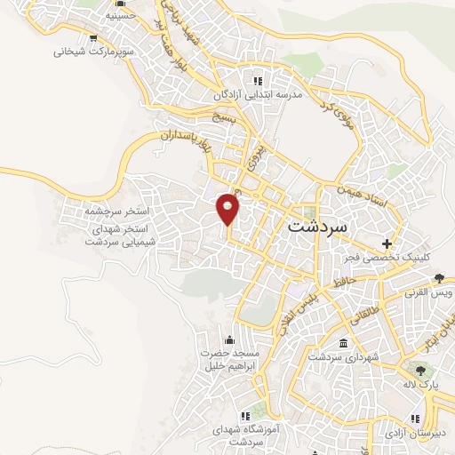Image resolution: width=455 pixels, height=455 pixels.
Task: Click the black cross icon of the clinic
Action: pyautogui.click(x=387, y=243)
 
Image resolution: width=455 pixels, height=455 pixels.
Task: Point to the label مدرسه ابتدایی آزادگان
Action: pyautogui.click(x=259, y=93)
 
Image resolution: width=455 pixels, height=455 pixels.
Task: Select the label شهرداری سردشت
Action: pyautogui.click(x=344, y=356)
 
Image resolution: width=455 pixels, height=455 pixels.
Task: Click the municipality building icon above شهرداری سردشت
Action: pyautogui.click(x=344, y=343)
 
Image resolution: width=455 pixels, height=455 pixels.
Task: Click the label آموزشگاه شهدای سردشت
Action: pyautogui.click(x=243, y=435)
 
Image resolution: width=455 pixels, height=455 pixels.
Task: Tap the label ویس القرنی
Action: pyautogui.click(x=430, y=291)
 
